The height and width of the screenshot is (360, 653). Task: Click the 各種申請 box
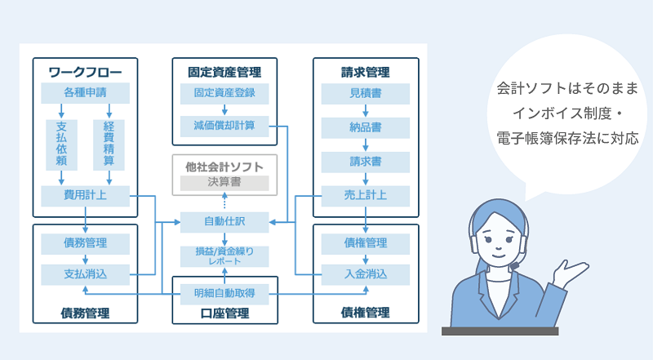click(x=85, y=93)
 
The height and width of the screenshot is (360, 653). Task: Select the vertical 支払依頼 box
click(x=61, y=144)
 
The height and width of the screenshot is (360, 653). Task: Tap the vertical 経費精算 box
click(x=109, y=144)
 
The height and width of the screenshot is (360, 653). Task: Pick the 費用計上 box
click(x=85, y=196)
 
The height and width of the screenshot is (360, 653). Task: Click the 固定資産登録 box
click(x=224, y=93)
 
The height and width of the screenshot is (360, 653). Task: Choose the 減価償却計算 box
click(x=224, y=127)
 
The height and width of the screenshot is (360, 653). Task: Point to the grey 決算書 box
click(x=224, y=183)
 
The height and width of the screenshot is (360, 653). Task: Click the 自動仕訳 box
click(x=224, y=222)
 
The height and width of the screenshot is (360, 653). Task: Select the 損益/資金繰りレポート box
click(x=224, y=256)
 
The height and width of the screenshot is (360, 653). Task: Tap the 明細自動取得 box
click(x=224, y=294)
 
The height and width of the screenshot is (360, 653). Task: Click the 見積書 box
click(x=365, y=93)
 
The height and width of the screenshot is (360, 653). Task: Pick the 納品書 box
click(x=365, y=127)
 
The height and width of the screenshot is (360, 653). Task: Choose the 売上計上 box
click(x=365, y=196)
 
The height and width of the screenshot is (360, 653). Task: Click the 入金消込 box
click(x=365, y=274)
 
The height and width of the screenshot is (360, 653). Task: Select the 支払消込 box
click(x=85, y=274)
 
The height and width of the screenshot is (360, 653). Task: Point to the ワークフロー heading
click(x=85, y=72)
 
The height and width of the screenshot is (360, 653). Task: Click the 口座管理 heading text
click(x=224, y=313)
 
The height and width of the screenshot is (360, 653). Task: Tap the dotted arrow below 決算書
click(x=224, y=200)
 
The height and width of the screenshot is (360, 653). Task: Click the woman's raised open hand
click(x=571, y=273)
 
